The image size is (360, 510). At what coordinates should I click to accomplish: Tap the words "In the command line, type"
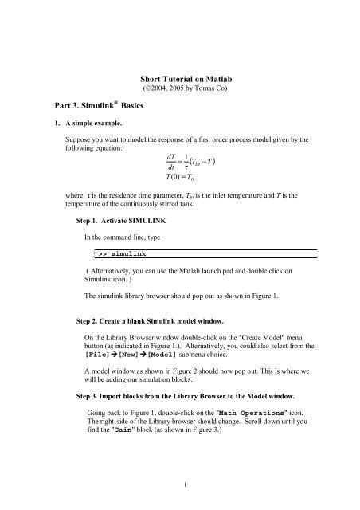129,237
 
